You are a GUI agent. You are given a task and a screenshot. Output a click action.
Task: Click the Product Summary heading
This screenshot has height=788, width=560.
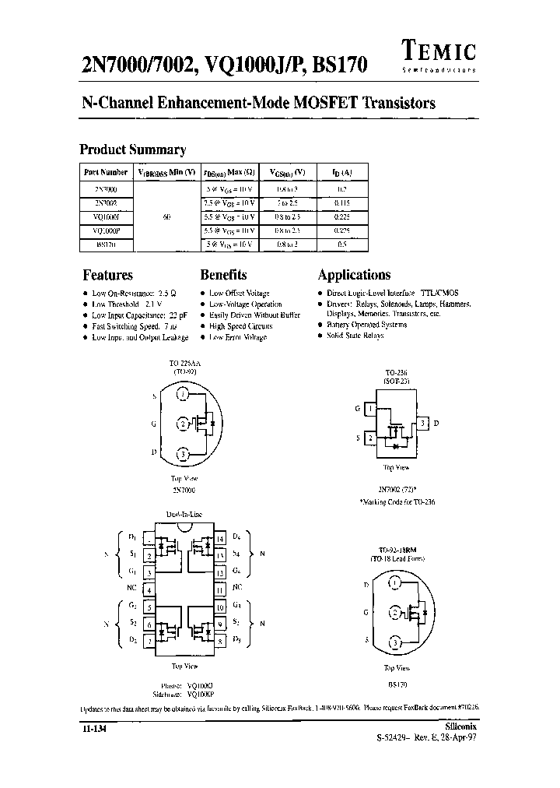click(x=133, y=150)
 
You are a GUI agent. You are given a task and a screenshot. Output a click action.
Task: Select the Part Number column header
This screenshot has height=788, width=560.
click(x=106, y=172)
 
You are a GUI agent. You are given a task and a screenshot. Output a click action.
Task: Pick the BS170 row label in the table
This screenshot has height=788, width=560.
click(x=106, y=244)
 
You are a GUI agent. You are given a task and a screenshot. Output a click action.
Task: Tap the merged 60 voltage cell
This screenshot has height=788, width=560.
click(x=166, y=216)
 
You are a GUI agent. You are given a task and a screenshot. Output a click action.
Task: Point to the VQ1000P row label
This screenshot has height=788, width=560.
click(x=106, y=230)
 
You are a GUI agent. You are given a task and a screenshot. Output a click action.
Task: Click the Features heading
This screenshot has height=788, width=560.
click(x=107, y=275)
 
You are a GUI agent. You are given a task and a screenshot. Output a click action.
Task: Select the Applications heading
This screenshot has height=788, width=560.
click(x=354, y=275)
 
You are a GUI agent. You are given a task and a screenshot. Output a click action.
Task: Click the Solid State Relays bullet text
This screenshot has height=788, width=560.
click(x=355, y=335)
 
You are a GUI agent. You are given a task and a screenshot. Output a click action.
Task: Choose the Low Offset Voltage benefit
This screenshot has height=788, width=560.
click(x=240, y=293)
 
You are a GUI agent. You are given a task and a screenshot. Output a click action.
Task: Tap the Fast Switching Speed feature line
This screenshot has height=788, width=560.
click(x=130, y=326)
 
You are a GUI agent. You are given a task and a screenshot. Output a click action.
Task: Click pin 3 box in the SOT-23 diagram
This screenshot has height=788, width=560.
click(x=422, y=424)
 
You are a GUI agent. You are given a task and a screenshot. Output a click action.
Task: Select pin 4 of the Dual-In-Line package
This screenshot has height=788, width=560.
click(x=148, y=587)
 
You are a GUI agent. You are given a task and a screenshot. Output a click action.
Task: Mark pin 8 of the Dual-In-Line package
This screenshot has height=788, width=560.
click(x=221, y=640)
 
